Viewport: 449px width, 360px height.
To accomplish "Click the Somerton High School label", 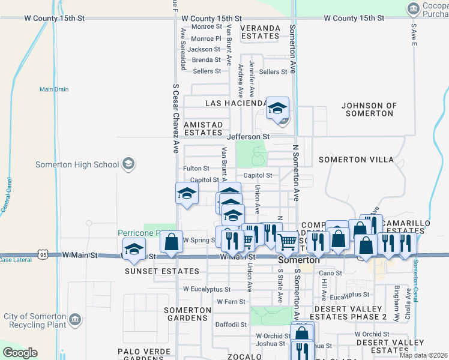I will pyautogui.click(x=77, y=164).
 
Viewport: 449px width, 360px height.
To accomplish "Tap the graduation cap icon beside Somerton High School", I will pyautogui.click(x=128, y=164).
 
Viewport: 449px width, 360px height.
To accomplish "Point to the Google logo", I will pyautogui.click(x=20, y=353).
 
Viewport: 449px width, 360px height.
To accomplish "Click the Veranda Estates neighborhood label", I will pyautogui.click(x=260, y=32).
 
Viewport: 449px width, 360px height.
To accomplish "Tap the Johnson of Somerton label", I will pyautogui.click(x=370, y=110).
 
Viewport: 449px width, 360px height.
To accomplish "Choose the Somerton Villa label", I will pyautogui.click(x=357, y=160).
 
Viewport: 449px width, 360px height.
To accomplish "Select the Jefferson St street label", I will pyautogui.click(x=249, y=137).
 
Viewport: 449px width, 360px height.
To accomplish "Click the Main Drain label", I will pyautogui.click(x=54, y=89).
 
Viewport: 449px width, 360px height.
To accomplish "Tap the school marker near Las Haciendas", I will pyautogui.click(x=277, y=109).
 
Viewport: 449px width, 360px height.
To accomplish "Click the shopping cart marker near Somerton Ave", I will pyautogui.click(x=288, y=242).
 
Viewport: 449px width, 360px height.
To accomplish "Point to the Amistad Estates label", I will pyautogui.click(x=203, y=128).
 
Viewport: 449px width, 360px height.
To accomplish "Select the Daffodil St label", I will pyautogui.click(x=232, y=325).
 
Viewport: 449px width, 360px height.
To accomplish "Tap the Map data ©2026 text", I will pyautogui.click(x=423, y=355).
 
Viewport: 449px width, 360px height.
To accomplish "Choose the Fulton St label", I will pyautogui.click(x=196, y=169).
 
